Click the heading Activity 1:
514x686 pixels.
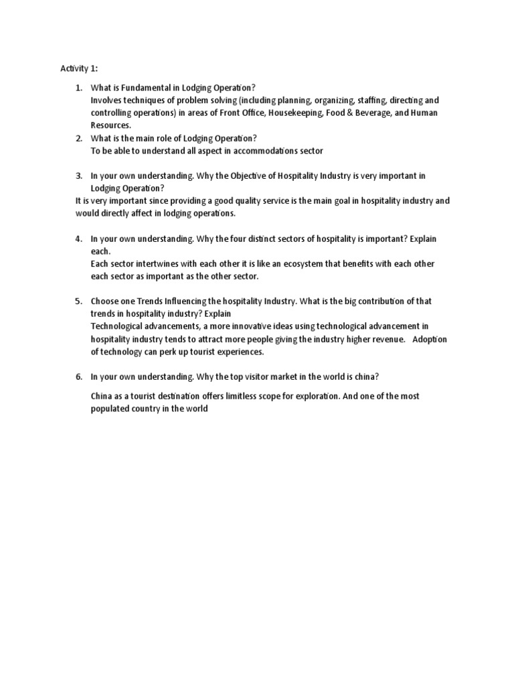[78, 68]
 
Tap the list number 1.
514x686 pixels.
[78, 88]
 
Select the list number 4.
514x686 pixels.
[78, 238]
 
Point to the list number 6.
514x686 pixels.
[78, 377]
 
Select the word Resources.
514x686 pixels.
[111, 125]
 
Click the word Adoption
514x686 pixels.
[430, 339]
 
